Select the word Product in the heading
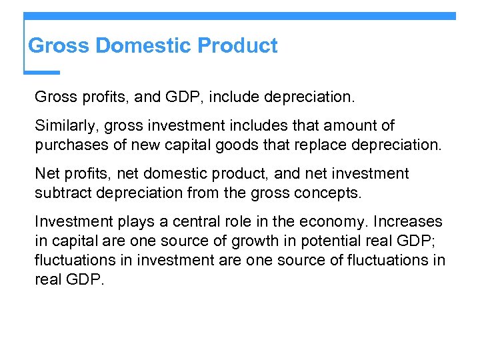pos(238,46)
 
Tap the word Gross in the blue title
pos(59,46)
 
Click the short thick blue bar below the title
pos(42,73)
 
